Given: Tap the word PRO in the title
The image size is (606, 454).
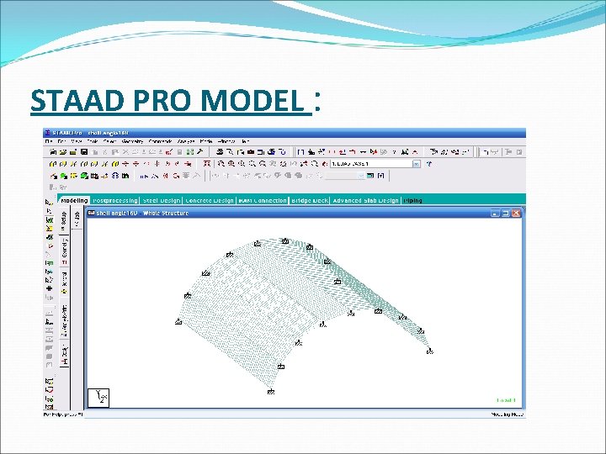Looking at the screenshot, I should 159,101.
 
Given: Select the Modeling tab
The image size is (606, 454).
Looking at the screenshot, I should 74,201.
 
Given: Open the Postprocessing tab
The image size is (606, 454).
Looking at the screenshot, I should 116,201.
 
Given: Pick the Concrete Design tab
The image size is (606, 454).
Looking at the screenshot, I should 210,201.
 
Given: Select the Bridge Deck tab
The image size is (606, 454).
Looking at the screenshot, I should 309,201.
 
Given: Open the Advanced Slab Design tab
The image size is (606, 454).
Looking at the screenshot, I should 365,201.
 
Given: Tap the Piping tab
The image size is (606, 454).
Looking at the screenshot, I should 413,201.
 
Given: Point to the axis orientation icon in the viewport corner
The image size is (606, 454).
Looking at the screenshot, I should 99,398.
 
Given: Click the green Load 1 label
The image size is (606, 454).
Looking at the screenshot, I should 505,400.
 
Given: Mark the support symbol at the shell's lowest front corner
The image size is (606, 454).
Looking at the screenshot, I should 271,392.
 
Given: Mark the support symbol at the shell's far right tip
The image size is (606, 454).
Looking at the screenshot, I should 430,351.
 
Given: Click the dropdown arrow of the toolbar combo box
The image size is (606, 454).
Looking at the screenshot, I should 416,165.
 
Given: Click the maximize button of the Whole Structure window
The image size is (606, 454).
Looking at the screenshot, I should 508,213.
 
